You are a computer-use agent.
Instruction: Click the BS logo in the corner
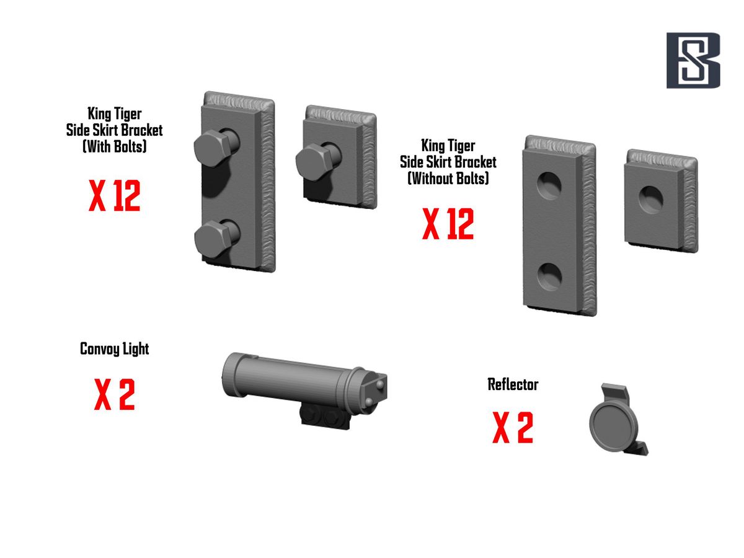tap(693, 60)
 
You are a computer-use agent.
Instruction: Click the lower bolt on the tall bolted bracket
tap(216, 238)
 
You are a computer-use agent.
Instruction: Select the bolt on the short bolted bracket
tap(317, 161)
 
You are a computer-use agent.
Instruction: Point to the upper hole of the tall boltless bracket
tap(549, 185)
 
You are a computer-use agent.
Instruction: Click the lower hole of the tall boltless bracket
tap(549, 277)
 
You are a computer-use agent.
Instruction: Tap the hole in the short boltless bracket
tap(651, 200)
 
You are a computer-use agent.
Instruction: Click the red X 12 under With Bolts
tap(114, 195)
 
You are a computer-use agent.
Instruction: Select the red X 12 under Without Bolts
tap(448, 224)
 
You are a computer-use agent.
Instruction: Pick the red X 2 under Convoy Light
tap(114, 394)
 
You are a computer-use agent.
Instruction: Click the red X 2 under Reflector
tap(513, 427)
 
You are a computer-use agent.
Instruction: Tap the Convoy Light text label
tap(114, 349)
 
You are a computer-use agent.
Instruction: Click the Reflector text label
tap(513, 384)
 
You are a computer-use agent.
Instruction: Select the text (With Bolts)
tap(115, 146)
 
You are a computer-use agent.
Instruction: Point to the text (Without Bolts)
tap(448, 178)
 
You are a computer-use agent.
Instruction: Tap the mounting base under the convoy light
tap(325, 418)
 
